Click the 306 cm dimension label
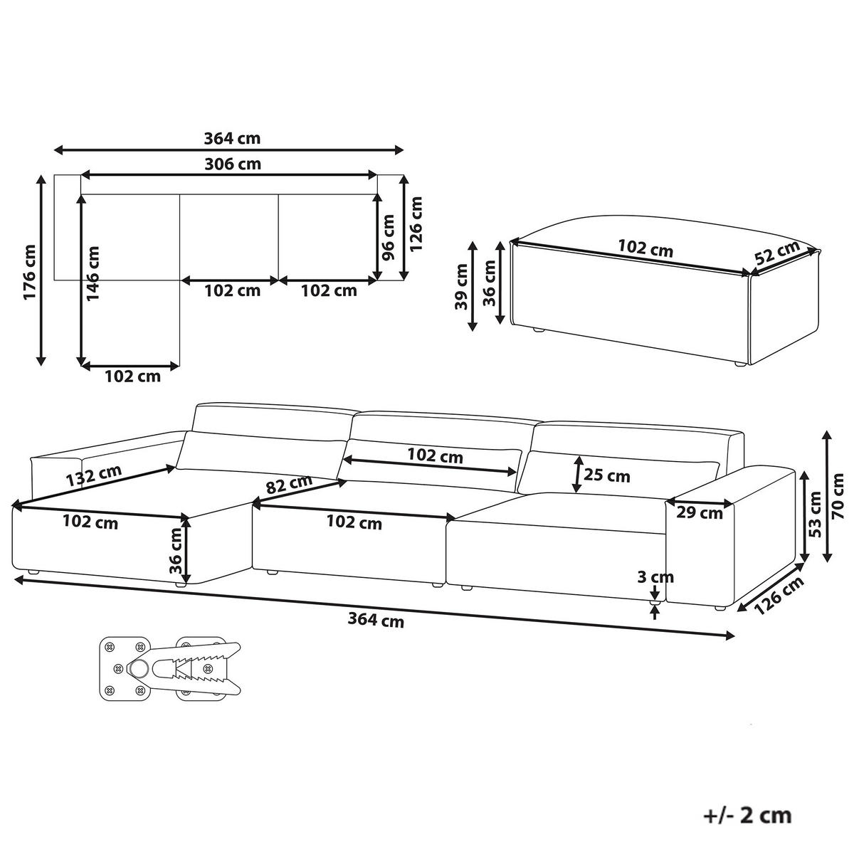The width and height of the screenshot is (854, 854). pos(233,164)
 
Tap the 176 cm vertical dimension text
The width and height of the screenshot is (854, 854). pos(30,272)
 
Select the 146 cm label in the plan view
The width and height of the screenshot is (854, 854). pos(93,274)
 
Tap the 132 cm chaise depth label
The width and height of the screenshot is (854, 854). pos(94,475)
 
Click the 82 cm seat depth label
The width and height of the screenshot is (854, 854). pos(289,485)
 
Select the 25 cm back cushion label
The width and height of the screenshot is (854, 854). pos(606,475)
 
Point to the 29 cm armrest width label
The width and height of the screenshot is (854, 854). pos(700,513)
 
